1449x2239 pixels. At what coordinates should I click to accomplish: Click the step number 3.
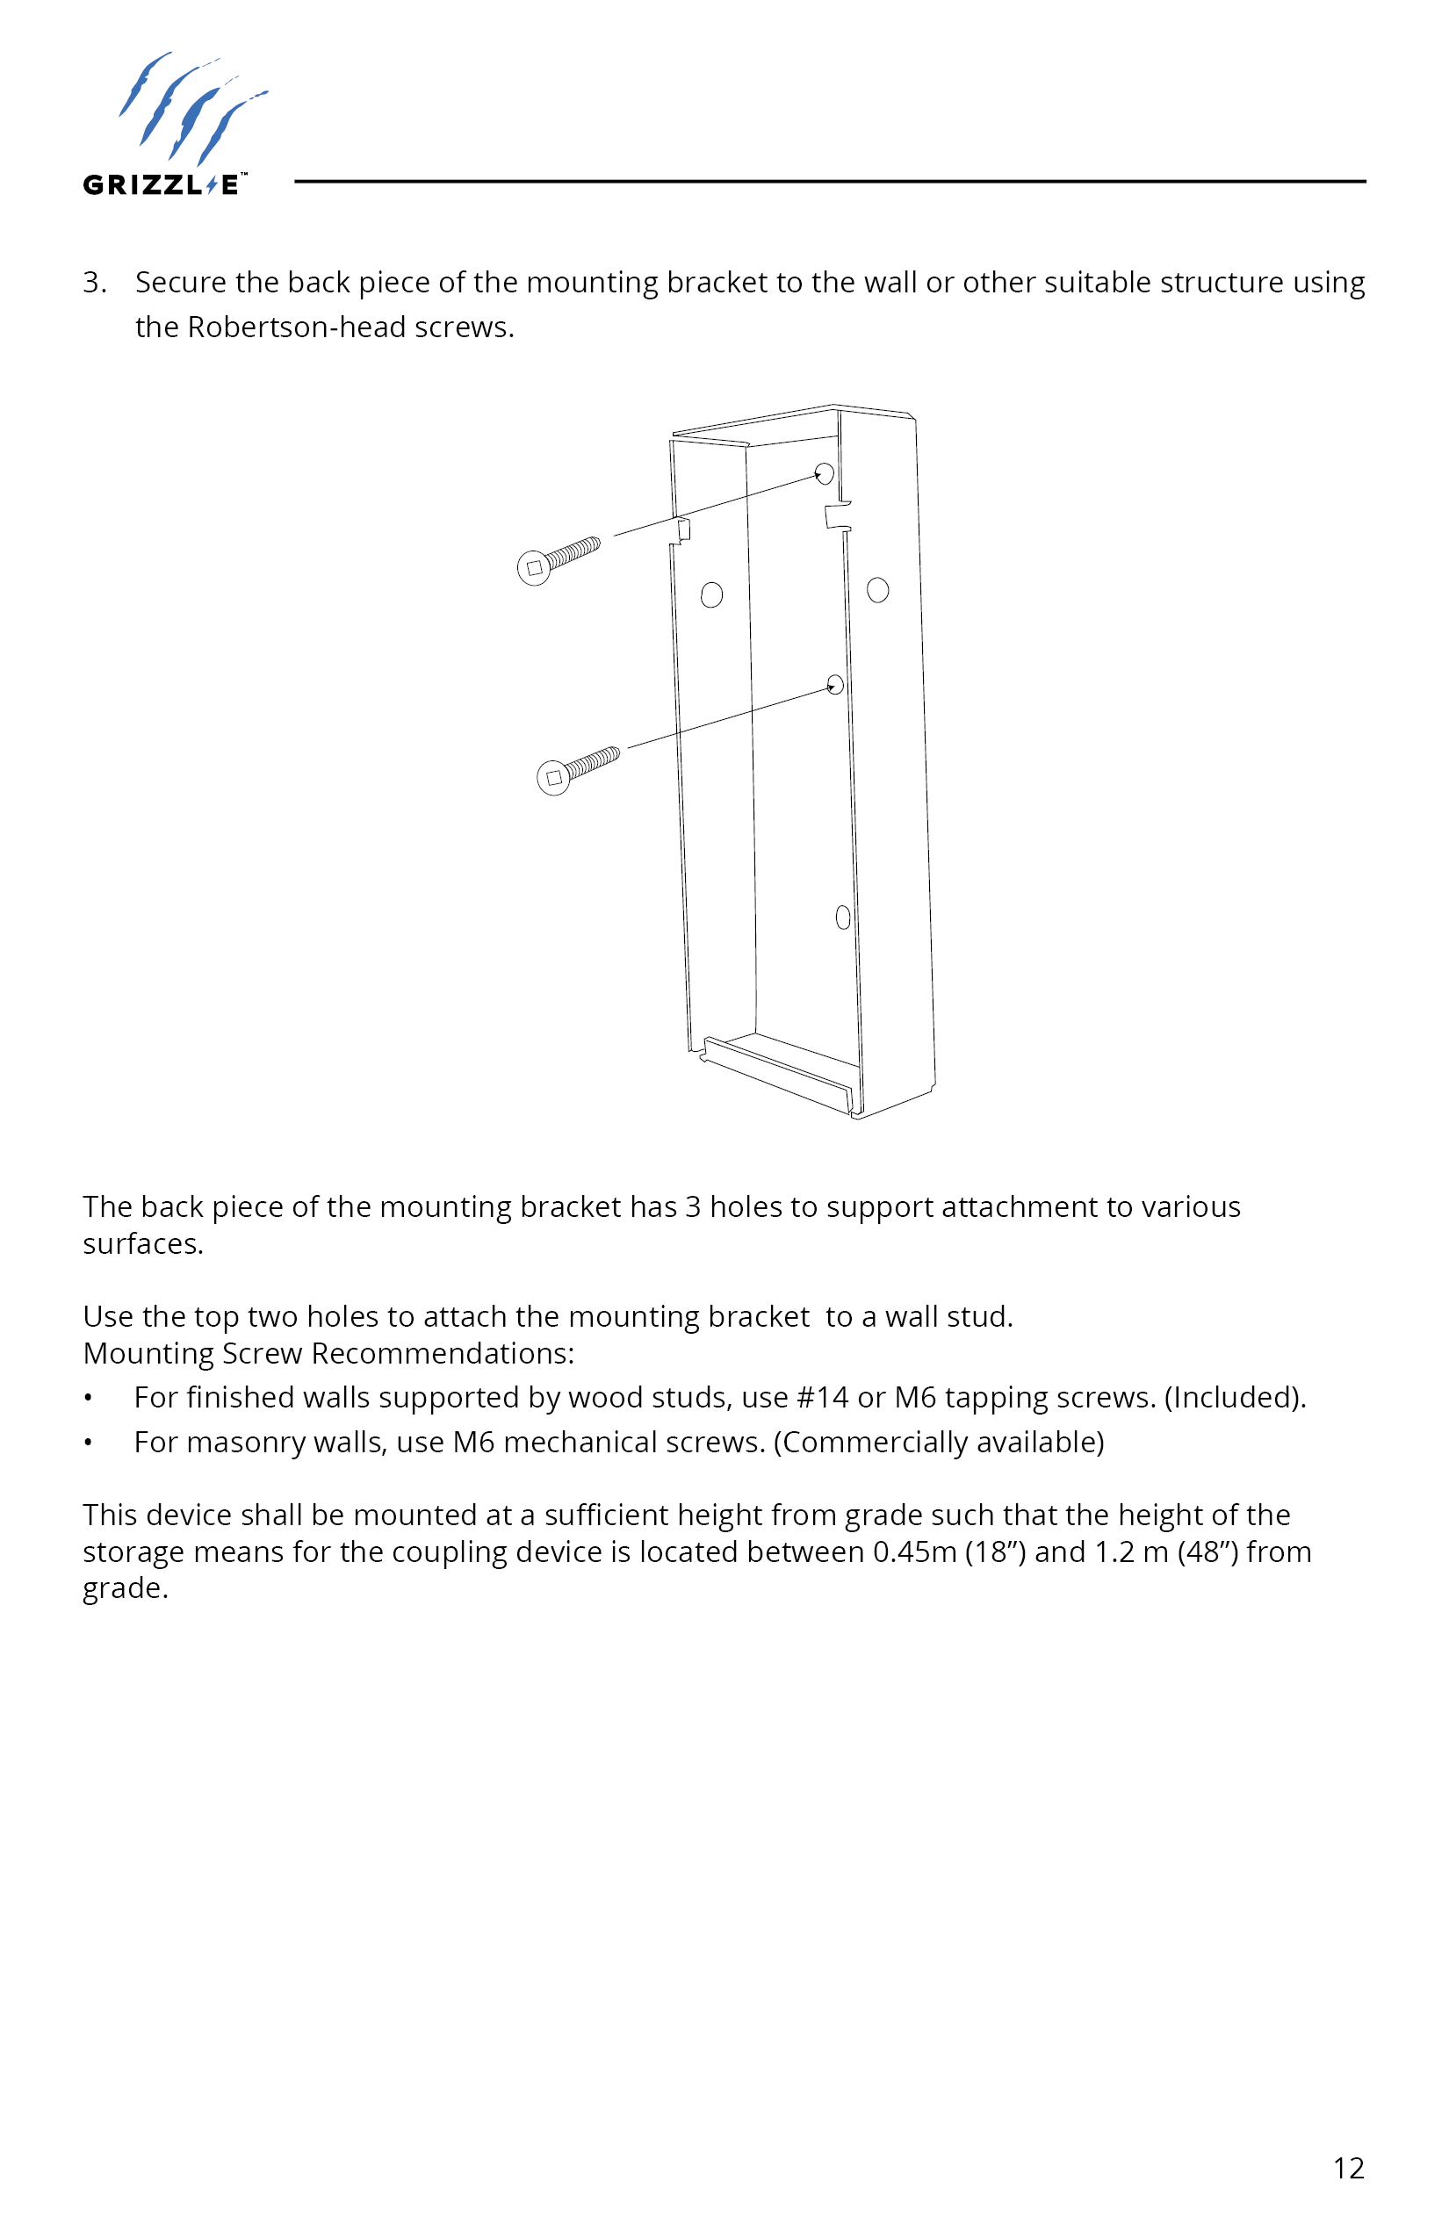click(x=93, y=282)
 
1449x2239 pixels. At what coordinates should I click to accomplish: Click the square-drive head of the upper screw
click(x=535, y=568)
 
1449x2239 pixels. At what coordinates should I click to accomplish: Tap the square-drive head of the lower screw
click(x=553, y=778)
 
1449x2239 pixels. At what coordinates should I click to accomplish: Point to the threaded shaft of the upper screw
click(x=572, y=553)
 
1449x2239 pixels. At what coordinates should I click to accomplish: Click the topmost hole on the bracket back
click(x=825, y=473)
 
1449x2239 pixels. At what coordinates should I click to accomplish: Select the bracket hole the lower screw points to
click(x=834, y=684)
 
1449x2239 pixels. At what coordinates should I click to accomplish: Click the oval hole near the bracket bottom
click(x=843, y=918)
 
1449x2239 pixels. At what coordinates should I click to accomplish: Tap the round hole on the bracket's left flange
click(x=711, y=594)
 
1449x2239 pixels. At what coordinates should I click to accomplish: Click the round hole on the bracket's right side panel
click(x=878, y=590)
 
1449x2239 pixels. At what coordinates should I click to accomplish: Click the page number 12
click(x=1348, y=2169)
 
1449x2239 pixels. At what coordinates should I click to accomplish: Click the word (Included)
click(x=1235, y=1398)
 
